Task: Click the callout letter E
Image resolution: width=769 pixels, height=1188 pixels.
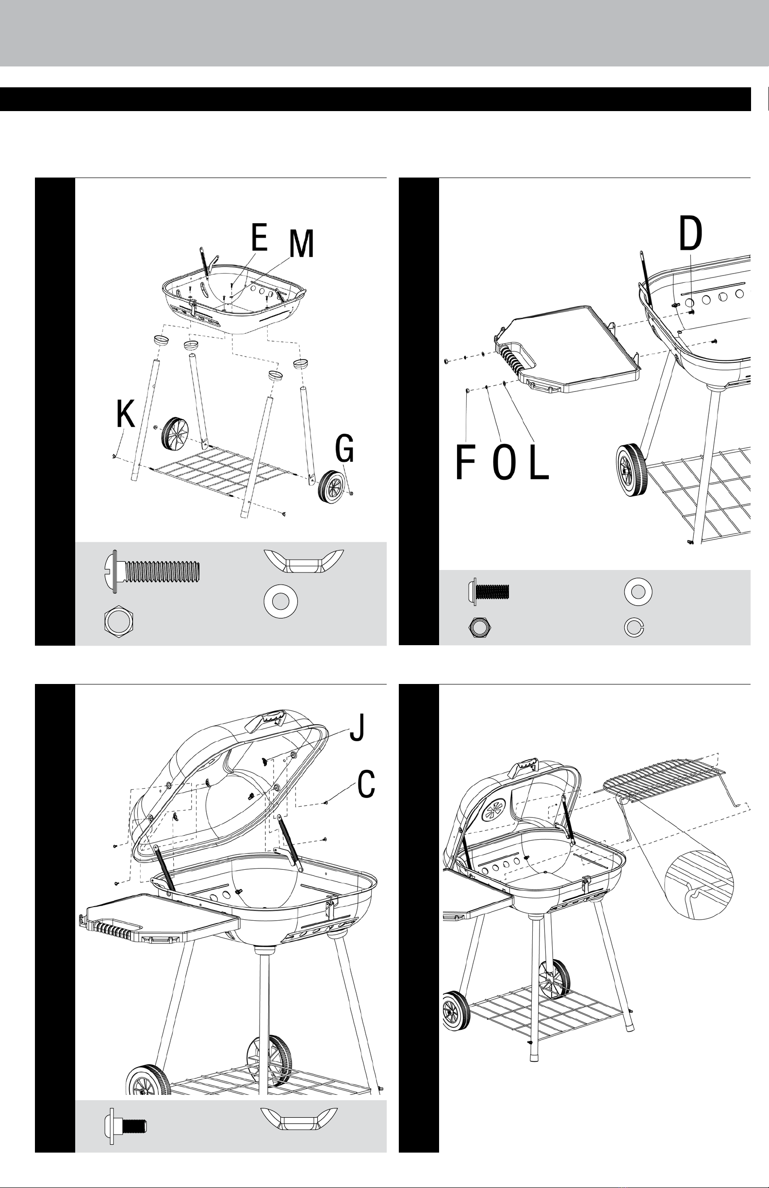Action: tap(260, 238)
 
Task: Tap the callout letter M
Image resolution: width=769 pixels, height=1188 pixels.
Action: tap(302, 244)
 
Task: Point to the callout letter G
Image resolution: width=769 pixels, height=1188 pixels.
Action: tap(344, 448)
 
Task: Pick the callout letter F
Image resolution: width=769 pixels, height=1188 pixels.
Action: tap(465, 463)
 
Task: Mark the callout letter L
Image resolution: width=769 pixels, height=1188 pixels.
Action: tap(539, 463)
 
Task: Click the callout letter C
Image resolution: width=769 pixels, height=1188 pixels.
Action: tap(366, 784)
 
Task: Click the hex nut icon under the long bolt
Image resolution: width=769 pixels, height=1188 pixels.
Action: tap(119, 622)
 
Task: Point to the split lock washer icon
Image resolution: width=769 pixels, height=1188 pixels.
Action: tap(634, 628)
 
